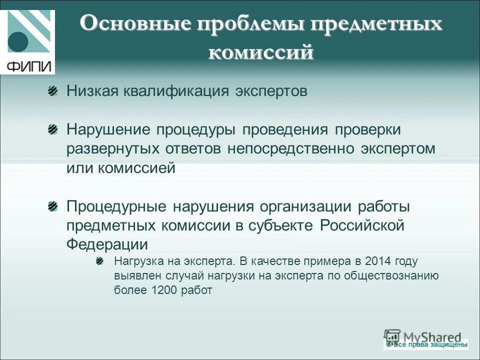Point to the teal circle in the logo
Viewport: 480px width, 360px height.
pos(18,42)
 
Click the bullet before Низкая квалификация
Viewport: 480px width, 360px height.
pos(52,91)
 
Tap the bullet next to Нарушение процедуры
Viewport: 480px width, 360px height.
pos(52,129)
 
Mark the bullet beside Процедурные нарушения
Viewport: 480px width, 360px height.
pos(52,206)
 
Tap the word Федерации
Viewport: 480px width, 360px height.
pos(107,244)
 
